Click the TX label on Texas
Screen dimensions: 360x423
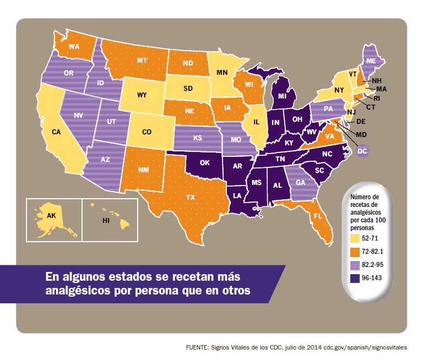[x=191, y=197]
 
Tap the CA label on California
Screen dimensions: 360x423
[x=56, y=132]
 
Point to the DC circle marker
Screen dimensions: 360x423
[x=362, y=150]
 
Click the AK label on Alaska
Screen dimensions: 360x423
[x=51, y=216]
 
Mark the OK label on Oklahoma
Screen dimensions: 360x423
[x=205, y=163]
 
